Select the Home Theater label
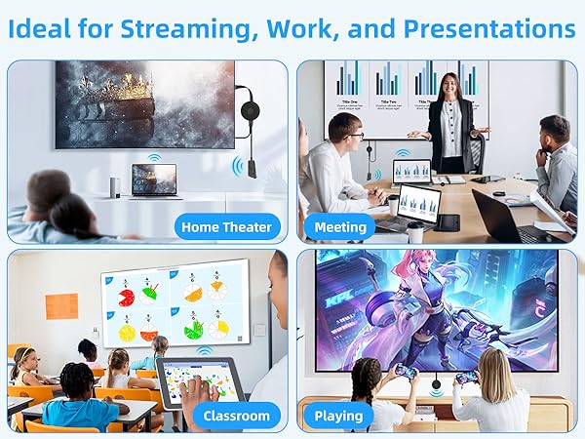click(227, 227)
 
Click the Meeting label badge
click(340, 227)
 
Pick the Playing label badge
click(338, 416)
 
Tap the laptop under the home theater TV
click(155, 180)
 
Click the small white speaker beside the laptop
click(116, 184)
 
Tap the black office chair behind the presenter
click(476, 146)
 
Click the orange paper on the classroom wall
click(60, 305)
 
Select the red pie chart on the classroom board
click(127, 297)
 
